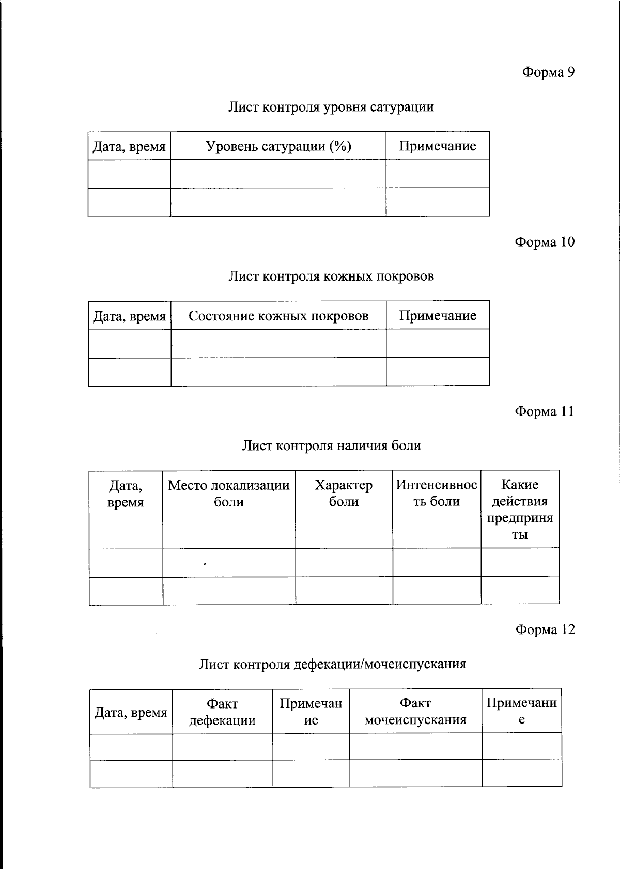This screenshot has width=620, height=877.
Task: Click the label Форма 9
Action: click(548, 72)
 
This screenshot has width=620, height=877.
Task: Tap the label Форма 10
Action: click(545, 242)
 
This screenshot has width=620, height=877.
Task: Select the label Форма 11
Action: click(544, 411)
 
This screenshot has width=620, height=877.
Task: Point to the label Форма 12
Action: click(545, 629)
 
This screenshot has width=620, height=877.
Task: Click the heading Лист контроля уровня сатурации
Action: click(331, 107)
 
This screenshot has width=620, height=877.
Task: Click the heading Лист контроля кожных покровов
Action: click(331, 276)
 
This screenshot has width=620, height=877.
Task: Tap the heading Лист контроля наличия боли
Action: click(331, 445)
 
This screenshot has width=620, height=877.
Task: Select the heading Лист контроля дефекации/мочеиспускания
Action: click(332, 664)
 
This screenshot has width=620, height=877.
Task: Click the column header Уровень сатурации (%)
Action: click(278, 146)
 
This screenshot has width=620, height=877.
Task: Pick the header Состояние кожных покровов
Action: click(278, 316)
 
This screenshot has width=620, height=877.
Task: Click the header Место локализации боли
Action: click(229, 494)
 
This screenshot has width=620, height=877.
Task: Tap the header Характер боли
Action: click(344, 494)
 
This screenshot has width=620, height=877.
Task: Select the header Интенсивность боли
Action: click(437, 493)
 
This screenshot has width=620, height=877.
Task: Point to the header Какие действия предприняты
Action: click(520, 509)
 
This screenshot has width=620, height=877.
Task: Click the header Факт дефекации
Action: click(222, 712)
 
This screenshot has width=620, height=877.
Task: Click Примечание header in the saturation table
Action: click(437, 146)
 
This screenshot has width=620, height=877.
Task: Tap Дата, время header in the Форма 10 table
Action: click(129, 316)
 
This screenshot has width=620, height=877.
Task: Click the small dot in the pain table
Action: click(205, 564)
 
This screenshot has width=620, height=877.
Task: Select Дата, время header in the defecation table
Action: click(131, 713)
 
